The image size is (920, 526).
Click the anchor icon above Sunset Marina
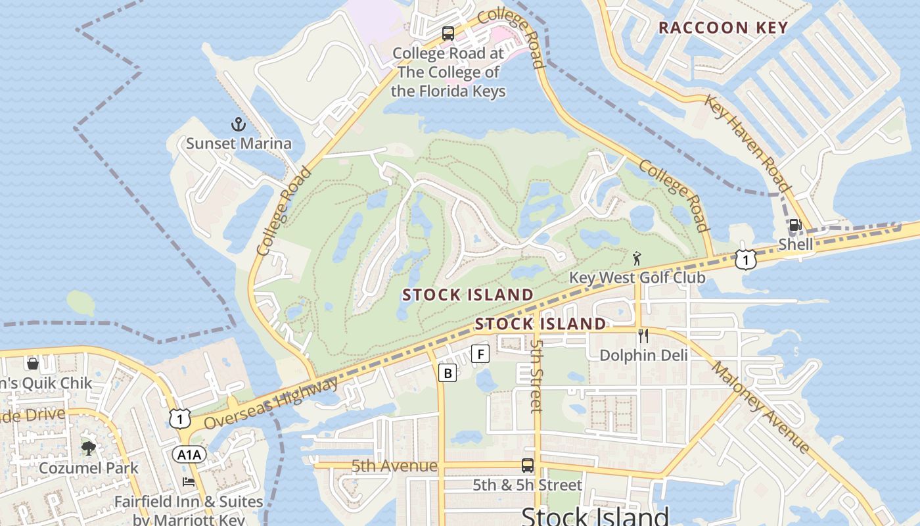click(x=239, y=124)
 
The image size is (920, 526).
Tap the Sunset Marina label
click(x=239, y=143)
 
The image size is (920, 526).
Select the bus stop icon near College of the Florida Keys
click(x=448, y=34)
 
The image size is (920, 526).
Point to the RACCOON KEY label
click(x=723, y=28)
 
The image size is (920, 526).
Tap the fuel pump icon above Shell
click(x=795, y=226)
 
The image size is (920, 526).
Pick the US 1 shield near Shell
click(x=745, y=260)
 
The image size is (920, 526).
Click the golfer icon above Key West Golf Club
click(x=635, y=258)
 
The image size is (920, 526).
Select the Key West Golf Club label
click(x=637, y=277)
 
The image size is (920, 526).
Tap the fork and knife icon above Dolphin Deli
click(x=643, y=336)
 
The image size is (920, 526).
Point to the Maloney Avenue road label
click(x=761, y=408)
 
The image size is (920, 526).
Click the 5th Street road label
click(x=536, y=375)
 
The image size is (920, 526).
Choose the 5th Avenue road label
click(x=394, y=466)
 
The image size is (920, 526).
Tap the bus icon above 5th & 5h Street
click(x=527, y=466)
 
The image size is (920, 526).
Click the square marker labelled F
click(x=481, y=354)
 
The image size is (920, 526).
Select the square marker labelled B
click(x=448, y=373)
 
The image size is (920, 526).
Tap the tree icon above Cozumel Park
click(x=89, y=448)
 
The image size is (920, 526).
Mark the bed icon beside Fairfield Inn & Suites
click(x=189, y=482)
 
